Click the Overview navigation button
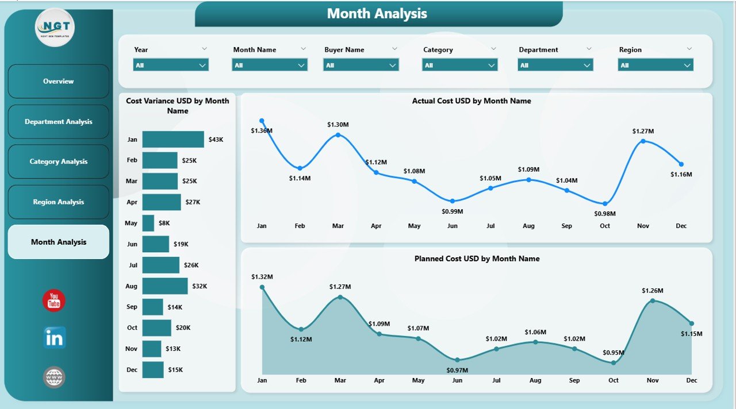point(58,81)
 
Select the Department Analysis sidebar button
point(58,122)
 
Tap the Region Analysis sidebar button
point(58,202)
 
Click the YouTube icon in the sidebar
point(54,300)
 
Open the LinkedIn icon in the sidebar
point(54,338)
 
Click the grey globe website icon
point(54,377)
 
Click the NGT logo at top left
point(55,27)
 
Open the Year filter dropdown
point(171,65)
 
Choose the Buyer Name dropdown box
point(361,65)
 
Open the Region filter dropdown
point(655,65)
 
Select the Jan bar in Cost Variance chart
point(173,140)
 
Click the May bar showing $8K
point(148,223)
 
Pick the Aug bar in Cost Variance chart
point(165,286)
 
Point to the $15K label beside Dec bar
point(175,370)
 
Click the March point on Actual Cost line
point(338,135)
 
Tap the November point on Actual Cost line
point(643,141)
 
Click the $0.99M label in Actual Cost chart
point(453,211)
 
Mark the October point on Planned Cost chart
point(614,362)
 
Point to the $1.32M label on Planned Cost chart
point(262,277)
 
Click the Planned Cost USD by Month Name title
point(477,258)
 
